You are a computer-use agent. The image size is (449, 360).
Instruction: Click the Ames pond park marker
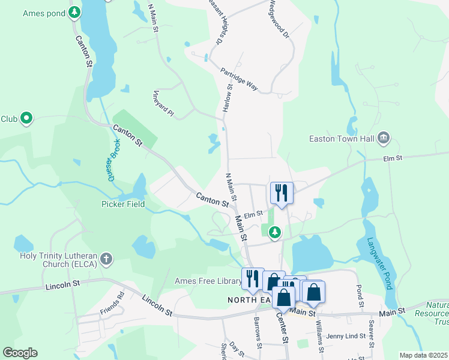tap(74, 12)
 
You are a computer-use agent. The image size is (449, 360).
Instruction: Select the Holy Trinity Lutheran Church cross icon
tap(106, 259)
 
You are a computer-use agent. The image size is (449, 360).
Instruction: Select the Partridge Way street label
tap(239, 79)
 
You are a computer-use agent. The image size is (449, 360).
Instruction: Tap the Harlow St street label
tap(228, 98)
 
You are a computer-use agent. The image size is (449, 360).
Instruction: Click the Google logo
tap(20, 353)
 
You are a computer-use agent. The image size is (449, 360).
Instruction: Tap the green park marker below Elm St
tap(275, 231)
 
